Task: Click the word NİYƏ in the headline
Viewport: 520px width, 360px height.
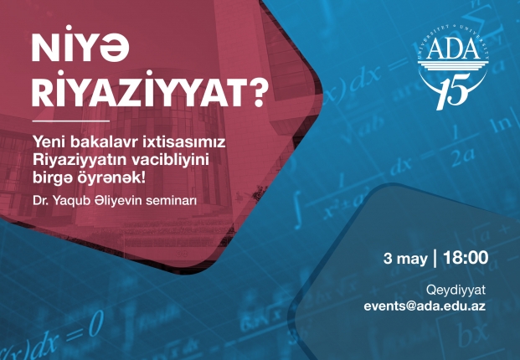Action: point(80,45)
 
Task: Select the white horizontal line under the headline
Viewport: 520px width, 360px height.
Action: point(70,121)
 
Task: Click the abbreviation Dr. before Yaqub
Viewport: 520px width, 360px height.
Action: point(39,201)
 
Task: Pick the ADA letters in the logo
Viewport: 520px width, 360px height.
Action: point(453,49)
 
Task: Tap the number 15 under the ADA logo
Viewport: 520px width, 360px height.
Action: point(454,90)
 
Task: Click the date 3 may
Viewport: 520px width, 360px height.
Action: point(405,259)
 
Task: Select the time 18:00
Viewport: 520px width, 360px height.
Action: point(466,258)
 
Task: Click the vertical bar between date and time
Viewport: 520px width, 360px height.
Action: point(435,258)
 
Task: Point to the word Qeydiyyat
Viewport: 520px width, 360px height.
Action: point(456,291)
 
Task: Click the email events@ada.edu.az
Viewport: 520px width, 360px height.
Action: point(425,306)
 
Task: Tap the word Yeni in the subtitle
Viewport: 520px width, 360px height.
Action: point(49,142)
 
